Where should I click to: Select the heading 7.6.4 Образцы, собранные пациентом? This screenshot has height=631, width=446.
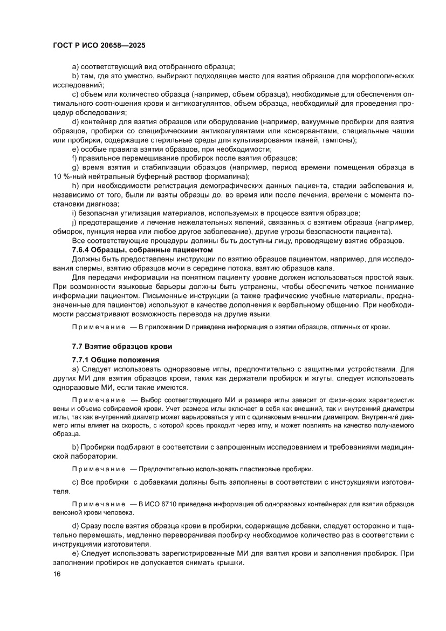(143, 249)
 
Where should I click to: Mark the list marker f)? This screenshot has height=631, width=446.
(75, 158)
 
